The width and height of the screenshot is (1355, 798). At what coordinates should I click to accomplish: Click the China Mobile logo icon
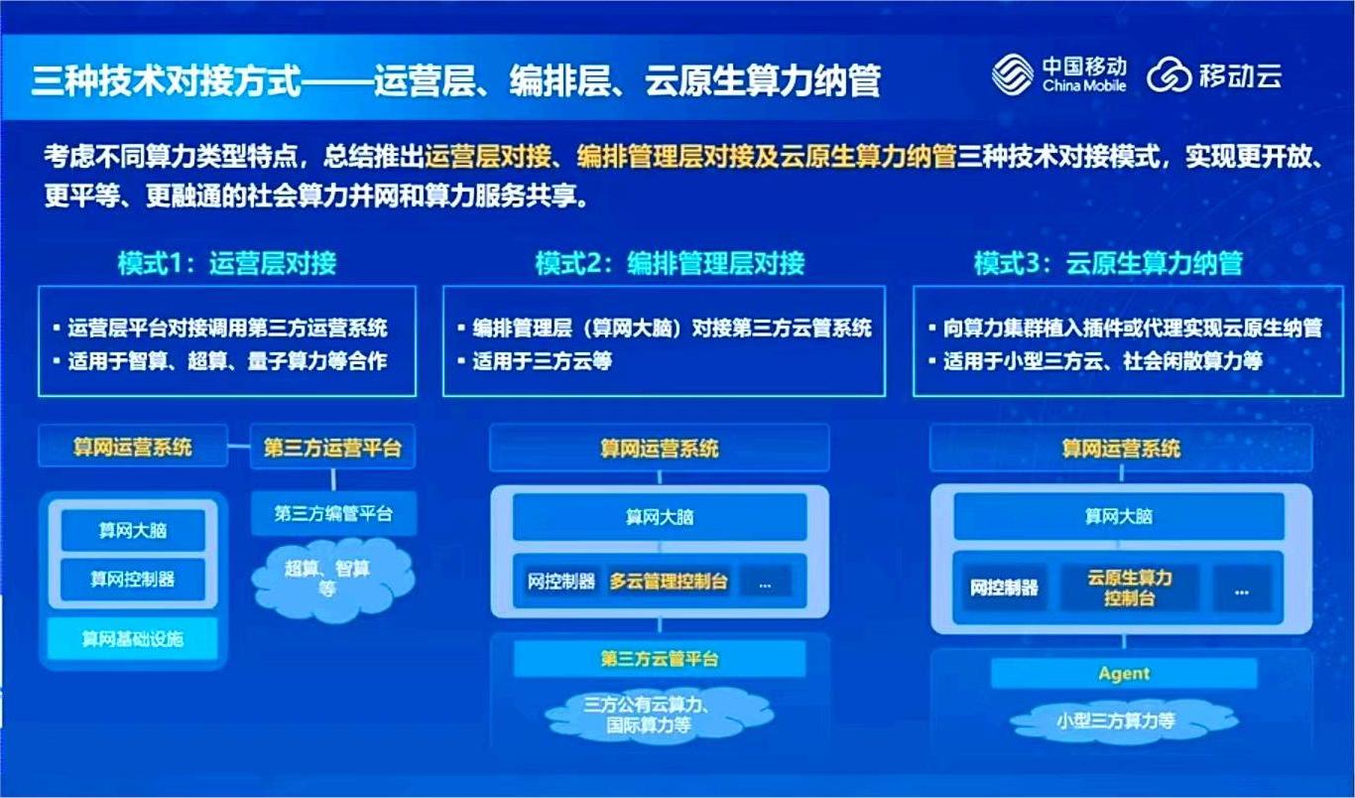click(x=1012, y=74)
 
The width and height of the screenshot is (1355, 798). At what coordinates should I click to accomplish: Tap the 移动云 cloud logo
click(x=1170, y=75)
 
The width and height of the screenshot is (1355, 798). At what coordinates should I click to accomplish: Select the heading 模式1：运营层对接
click(x=227, y=263)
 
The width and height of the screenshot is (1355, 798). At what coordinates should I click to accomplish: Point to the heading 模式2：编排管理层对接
click(x=670, y=263)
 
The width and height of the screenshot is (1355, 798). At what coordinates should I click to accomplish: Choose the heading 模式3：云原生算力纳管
click(x=1108, y=263)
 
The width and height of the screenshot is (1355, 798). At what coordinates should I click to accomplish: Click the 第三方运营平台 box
click(x=332, y=448)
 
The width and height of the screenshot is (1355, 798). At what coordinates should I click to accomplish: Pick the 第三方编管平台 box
click(x=333, y=513)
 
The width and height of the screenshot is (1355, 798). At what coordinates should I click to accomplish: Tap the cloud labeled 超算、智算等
click(x=328, y=577)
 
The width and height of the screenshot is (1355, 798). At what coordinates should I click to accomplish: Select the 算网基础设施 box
click(x=133, y=638)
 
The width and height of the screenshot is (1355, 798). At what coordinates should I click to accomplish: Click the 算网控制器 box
click(x=133, y=579)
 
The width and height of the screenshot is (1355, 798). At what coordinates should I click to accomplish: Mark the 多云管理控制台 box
click(x=669, y=582)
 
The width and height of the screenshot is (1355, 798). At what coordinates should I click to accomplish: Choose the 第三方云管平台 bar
click(x=660, y=658)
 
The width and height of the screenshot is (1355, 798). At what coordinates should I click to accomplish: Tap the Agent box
click(x=1124, y=674)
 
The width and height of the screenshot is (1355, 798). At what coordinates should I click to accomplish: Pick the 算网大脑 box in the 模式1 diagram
click(x=133, y=530)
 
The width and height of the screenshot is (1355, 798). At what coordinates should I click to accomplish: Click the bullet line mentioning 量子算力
click(x=227, y=361)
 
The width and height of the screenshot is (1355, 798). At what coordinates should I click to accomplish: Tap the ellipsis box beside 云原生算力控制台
click(x=1242, y=589)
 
